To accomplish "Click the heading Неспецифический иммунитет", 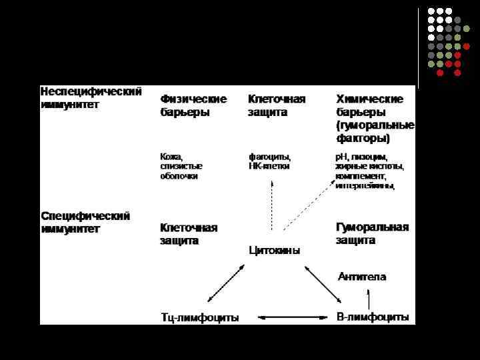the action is (91, 97).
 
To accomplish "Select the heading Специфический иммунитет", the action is (85, 222).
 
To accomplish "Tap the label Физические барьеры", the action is (193, 105).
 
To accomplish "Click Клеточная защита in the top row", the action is (277, 105).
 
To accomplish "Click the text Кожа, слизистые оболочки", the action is (181, 166).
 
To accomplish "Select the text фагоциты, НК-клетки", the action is (269, 161).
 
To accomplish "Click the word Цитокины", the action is (274, 251).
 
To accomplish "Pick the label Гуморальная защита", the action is (372, 233).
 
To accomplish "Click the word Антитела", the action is (362, 276).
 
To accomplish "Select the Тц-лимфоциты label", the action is (200, 317).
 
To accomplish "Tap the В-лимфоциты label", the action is (373, 317).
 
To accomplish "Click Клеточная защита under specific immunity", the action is (189, 233).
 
